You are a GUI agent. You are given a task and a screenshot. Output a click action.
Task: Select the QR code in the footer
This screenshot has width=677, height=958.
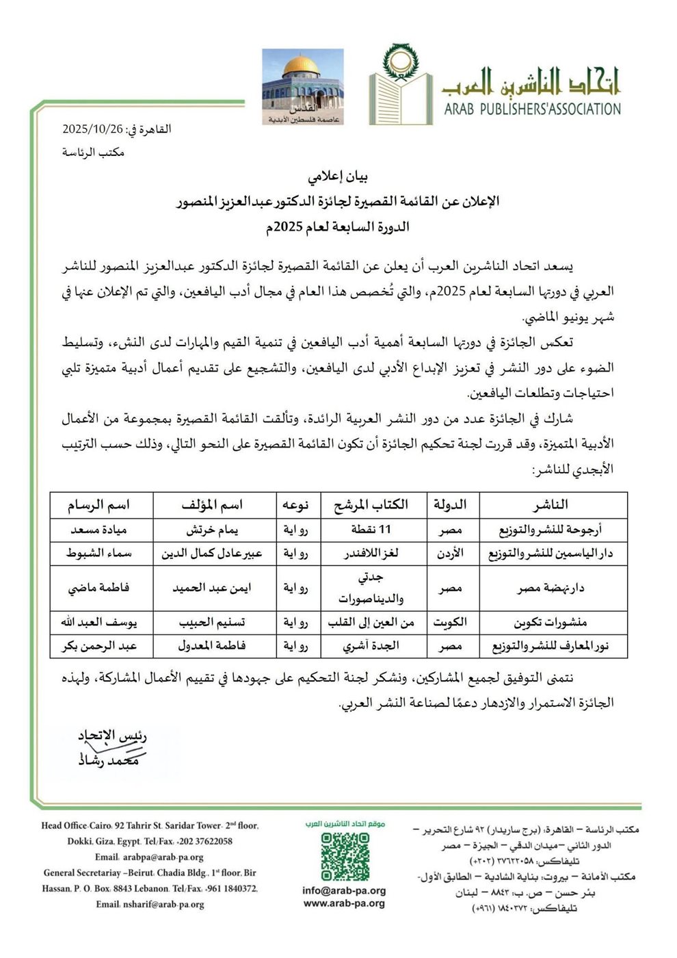click(345, 855)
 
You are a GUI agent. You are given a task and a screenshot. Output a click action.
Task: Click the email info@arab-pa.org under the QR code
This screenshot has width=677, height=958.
click(344, 891)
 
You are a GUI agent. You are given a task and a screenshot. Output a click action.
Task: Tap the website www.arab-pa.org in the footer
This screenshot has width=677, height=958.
click(344, 903)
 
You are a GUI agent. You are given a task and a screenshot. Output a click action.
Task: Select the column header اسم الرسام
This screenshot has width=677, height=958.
click(98, 505)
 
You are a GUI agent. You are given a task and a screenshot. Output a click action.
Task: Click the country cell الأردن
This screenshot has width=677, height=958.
click(450, 554)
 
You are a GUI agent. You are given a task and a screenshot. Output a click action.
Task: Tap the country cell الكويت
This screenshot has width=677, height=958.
click(450, 622)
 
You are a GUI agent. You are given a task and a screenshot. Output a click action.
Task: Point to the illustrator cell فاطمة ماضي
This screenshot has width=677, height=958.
click(98, 587)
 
